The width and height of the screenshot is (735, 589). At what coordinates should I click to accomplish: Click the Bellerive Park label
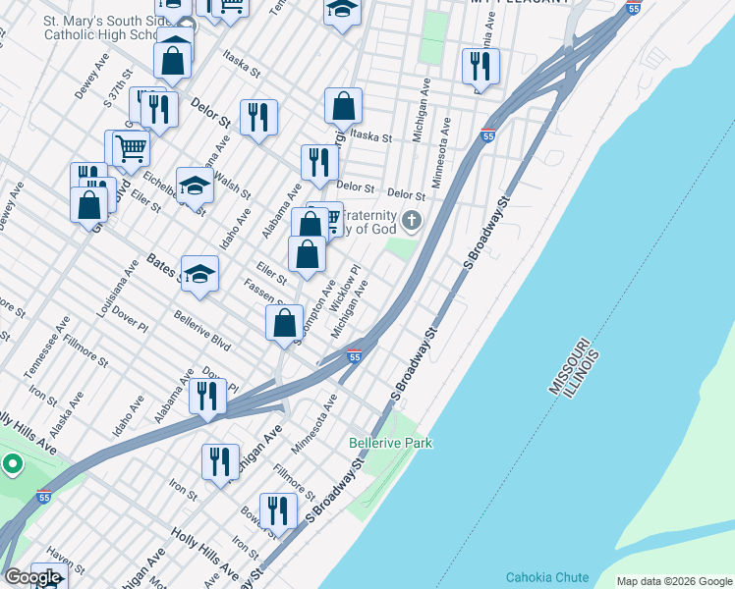[390, 444]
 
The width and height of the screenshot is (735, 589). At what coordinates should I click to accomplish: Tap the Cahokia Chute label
[546, 577]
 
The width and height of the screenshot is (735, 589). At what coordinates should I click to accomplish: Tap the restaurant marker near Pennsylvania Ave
[481, 66]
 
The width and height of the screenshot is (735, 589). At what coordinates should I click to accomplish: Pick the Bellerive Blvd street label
[201, 332]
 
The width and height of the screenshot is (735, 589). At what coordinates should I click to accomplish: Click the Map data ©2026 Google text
[673, 581]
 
